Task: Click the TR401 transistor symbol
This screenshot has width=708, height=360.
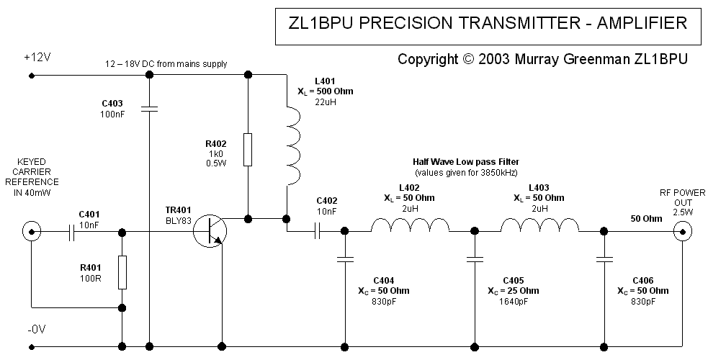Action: pyautogui.click(x=210, y=231)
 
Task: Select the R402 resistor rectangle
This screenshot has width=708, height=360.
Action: pyautogui.click(x=248, y=150)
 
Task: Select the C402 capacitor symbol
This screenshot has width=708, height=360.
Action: pyautogui.click(x=318, y=231)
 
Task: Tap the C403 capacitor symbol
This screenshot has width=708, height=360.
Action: pyautogui.click(x=149, y=110)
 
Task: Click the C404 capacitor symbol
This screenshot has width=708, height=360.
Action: pyautogui.click(x=345, y=257)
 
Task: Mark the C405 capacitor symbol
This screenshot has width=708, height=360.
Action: pyautogui.click(x=475, y=257)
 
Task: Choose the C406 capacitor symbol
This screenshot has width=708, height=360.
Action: pyautogui.click(x=603, y=257)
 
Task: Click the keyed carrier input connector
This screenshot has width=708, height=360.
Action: pyautogui.click(x=31, y=232)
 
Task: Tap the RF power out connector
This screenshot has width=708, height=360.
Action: pyautogui.click(x=681, y=231)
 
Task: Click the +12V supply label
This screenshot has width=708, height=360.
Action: pyautogui.click(x=37, y=57)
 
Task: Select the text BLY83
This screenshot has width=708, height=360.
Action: pyautogui.click(x=179, y=221)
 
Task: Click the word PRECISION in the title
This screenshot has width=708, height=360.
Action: pyautogui.click(x=400, y=23)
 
